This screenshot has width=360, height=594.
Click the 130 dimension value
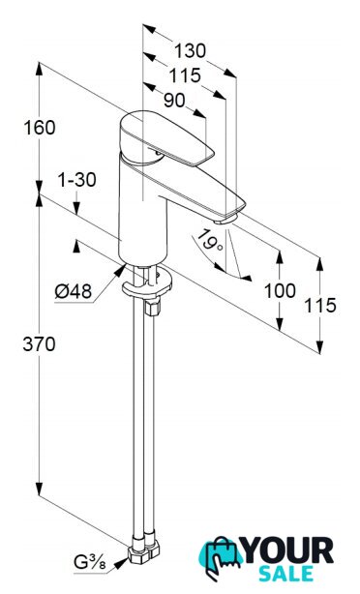(191, 50)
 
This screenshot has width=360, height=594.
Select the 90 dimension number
(174, 100)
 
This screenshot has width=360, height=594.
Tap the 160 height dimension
(40, 128)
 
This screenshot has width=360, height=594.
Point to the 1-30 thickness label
(76, 180)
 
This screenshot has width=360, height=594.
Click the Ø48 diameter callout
(74, 292)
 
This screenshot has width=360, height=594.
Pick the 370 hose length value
(39, 344)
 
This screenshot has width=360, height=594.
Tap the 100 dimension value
(280, 291)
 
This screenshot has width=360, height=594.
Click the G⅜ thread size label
(90, 562)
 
